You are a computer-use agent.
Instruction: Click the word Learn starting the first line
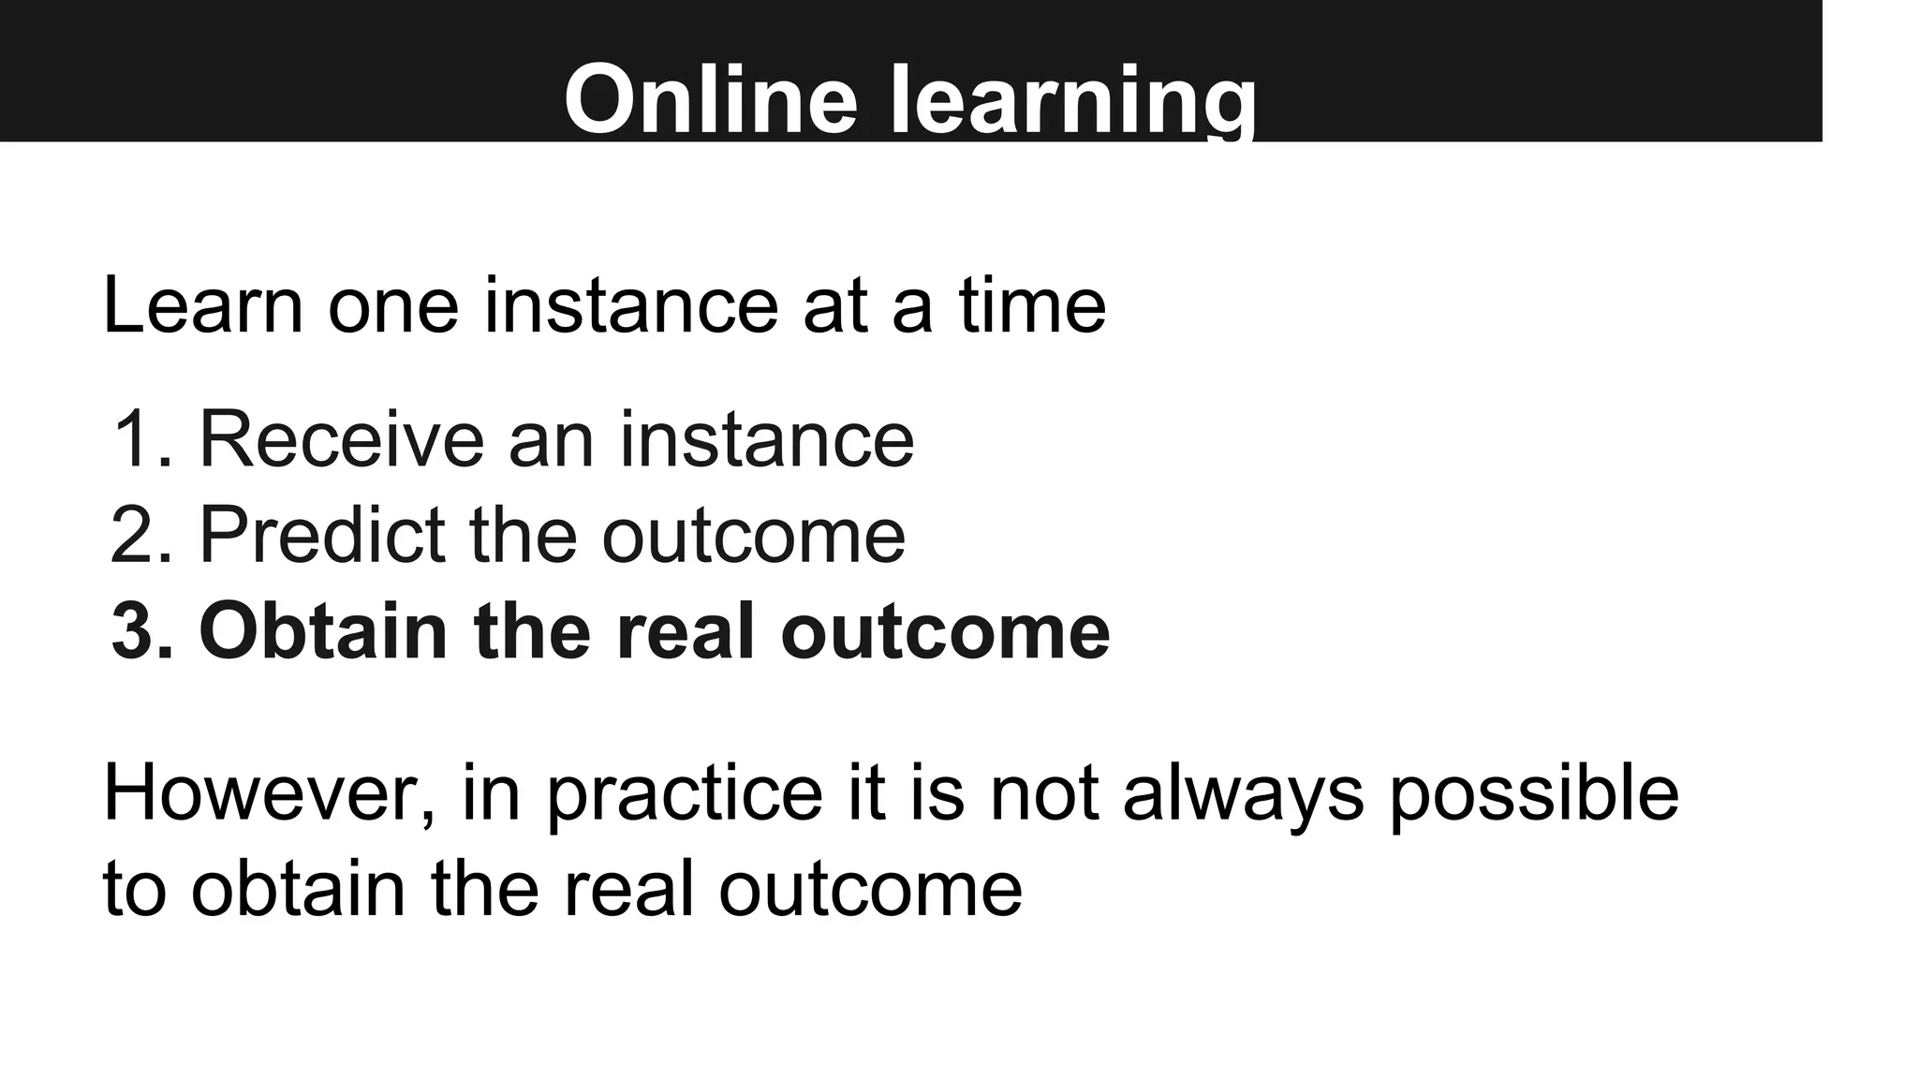(x=202, y=305)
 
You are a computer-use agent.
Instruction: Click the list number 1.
(x=140, y=439)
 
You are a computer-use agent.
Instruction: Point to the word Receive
(x=341, y=439)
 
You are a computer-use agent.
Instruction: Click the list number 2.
(x=140, y=535)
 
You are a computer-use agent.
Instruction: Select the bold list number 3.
(x=140, y=631)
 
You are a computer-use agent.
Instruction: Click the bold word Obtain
(x=322, y=631)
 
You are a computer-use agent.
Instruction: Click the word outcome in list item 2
(x=753, y=535)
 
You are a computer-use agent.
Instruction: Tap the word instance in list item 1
(x=766, y=439)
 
